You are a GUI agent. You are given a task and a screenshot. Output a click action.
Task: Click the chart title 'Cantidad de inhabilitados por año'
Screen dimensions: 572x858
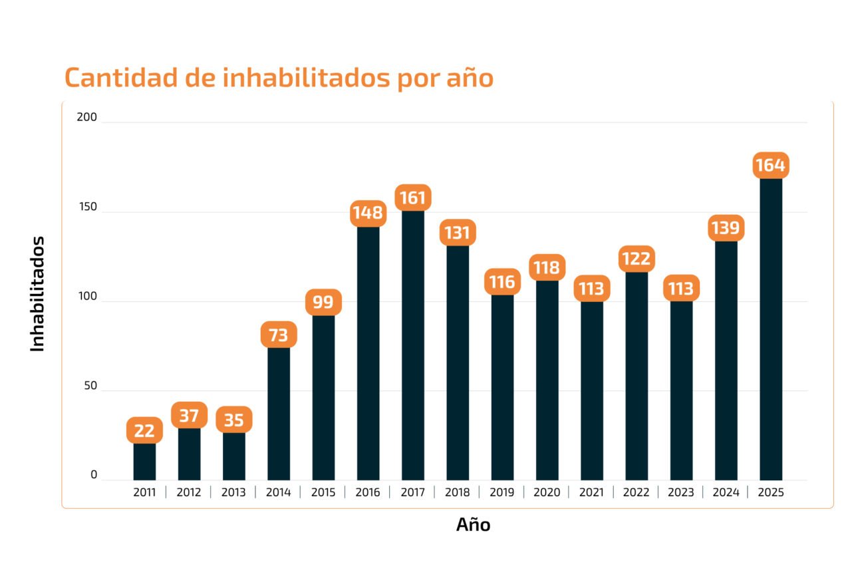tap(279, 78)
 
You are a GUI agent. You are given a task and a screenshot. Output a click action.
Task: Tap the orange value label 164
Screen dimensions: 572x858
tap(770, 165)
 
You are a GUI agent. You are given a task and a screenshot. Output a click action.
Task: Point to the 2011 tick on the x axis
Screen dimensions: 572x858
tap(144, 493)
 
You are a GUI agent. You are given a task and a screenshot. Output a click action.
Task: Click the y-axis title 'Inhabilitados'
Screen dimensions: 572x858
tap(37, 293)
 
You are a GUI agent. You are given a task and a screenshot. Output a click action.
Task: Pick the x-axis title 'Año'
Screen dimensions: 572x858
tap(473, 525)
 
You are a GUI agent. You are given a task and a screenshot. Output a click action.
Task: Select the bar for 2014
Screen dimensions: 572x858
tap(279, 412)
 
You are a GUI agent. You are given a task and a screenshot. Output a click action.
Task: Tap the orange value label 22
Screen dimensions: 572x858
tap(144, 430)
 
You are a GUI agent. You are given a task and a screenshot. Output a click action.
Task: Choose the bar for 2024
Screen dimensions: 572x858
tap(726, 359)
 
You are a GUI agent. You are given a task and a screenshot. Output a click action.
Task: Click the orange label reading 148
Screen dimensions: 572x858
tap(368, 213)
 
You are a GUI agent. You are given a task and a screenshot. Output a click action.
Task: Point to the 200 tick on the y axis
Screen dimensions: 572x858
tap(87, 118)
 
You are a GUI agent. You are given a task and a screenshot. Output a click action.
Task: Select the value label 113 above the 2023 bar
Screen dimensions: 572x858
tap(681, 289)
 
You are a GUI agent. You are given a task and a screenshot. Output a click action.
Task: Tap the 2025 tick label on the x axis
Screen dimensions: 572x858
tap(770, 493)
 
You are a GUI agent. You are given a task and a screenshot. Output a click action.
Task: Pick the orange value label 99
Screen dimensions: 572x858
tap(323, 302)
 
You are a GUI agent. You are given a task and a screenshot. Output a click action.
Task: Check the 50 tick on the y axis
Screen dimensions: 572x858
tap(89, 386)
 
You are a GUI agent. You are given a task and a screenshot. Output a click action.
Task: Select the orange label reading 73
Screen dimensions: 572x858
tap(279, 335)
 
